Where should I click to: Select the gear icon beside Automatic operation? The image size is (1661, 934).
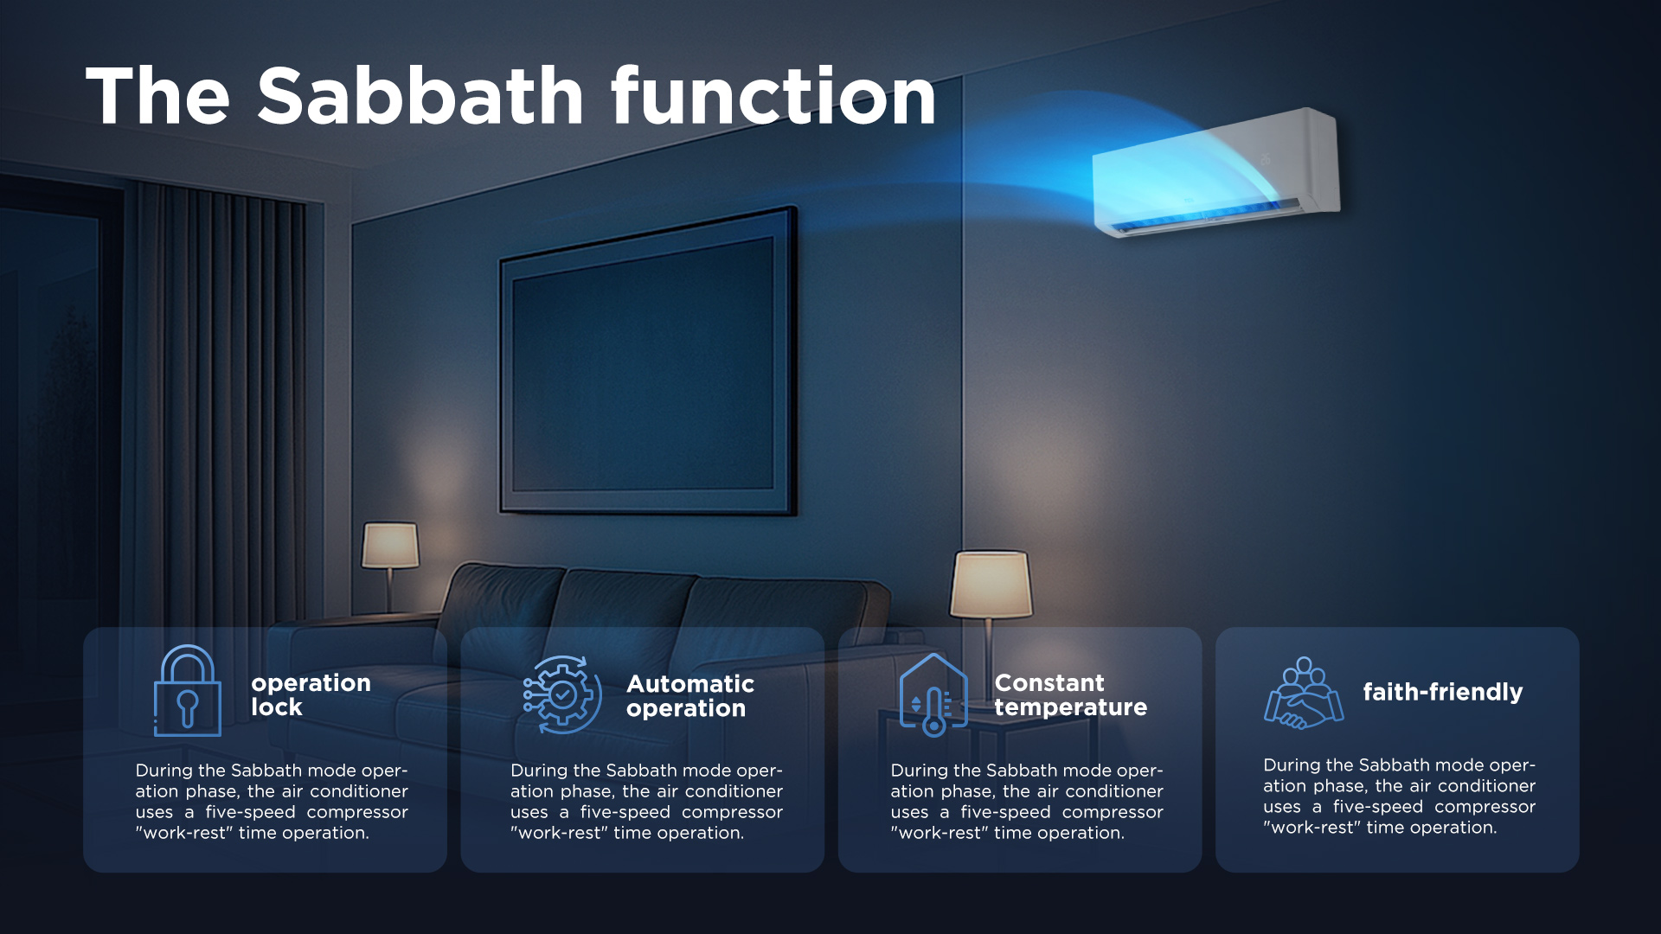(x=562, y=694)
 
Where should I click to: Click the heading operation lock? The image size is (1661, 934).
(x=311, y=694)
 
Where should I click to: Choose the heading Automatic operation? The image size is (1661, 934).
(x=690, y=696)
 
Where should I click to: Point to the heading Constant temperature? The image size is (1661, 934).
(x=1071, y=694)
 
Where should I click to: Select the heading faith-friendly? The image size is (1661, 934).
(x=1443, y=692)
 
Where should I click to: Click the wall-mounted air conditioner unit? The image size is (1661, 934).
(x=1216, y=172)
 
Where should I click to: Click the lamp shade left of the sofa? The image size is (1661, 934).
(x=390, y=545)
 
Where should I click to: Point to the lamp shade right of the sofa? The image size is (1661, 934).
(x=991, y=585)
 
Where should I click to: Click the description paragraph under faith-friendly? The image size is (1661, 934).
(x=1399, y=796)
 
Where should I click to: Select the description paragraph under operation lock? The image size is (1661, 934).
(x=272, y=802)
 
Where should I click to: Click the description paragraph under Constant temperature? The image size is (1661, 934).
(x=1027, y=802)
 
